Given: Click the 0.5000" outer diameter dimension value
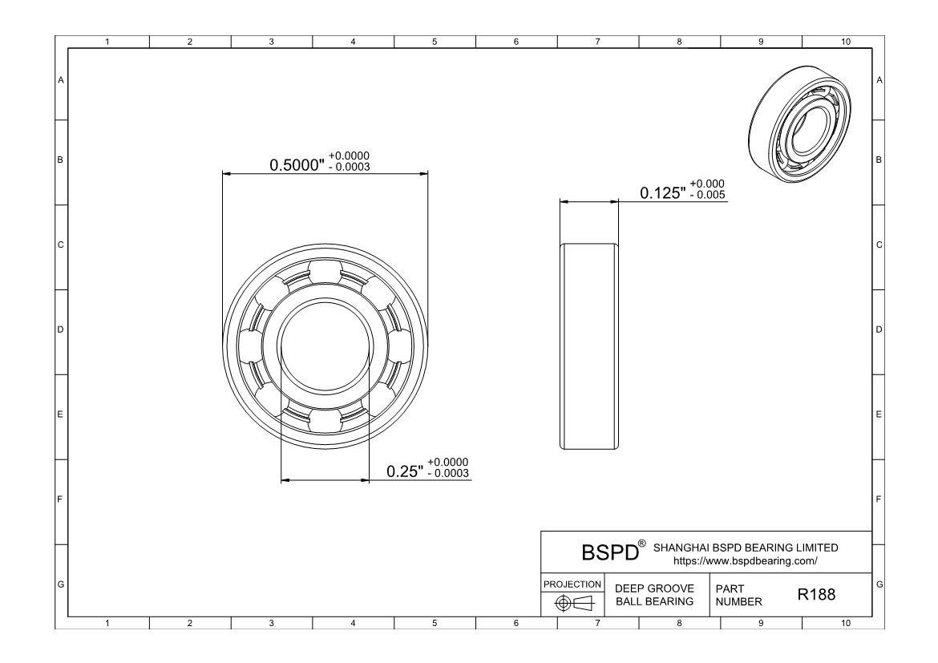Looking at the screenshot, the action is coord(296,164).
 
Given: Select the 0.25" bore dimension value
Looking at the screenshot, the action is coord(404,471).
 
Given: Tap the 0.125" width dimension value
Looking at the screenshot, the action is coord(662,192).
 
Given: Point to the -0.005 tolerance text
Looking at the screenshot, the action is coord(707,195).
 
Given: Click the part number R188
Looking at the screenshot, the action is coord(816,594).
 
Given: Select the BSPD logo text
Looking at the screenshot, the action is coord(610,552).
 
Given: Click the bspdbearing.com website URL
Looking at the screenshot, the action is coord(746,561).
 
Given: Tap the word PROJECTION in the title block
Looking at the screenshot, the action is coord(572,584).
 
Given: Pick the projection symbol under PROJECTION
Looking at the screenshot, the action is coord(573,603).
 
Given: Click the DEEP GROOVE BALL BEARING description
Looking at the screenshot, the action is coord(654,595).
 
